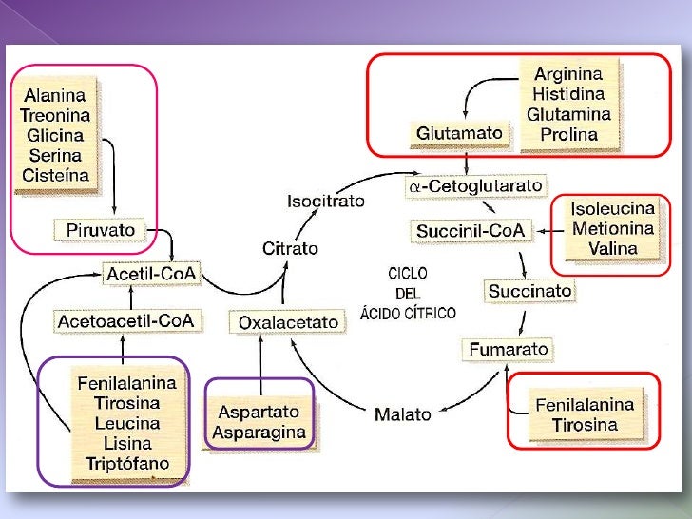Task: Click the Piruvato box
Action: coord(101,230)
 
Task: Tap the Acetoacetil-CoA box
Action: coord(126,321)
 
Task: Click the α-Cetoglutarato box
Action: coord(475,187)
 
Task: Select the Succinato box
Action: coord(530,290)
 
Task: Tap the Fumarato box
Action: coord(509,350)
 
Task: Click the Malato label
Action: coord(402,414)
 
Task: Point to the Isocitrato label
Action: coord(325,202)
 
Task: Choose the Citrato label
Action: coord(289,248)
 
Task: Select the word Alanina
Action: coord(54,95)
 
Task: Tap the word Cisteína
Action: coord(56,175)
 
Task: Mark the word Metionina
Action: coord(612,228)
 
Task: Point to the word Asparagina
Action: coord(259,433)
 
